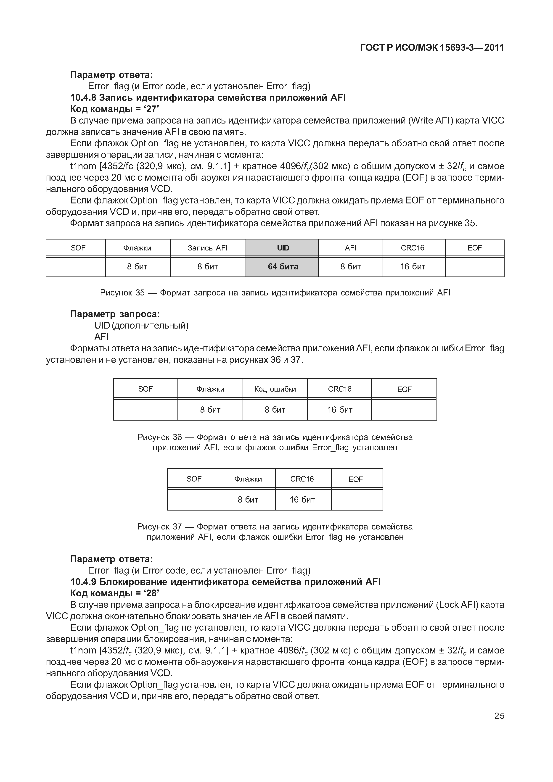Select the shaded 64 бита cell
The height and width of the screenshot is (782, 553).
[283, 267]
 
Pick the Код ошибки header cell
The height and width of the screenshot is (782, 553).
[275, 389]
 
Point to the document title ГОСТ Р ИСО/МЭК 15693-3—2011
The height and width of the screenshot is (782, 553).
[432, 48]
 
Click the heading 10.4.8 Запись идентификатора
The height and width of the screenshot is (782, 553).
[208, 98]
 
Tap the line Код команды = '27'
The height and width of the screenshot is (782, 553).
[115, 109]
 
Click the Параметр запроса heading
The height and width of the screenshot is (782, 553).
[115, 314]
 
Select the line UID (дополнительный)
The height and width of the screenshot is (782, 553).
[141, 326]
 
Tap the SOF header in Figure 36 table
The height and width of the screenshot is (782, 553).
[146, 389]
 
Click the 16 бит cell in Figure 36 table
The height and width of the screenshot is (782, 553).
[340, 410]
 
